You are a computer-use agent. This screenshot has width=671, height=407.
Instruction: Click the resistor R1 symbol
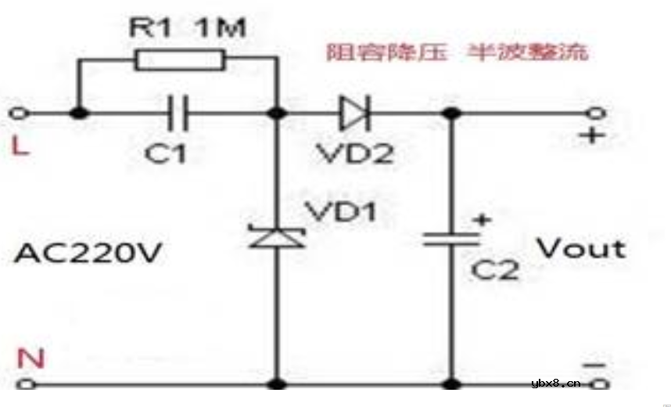[x=179, y=59]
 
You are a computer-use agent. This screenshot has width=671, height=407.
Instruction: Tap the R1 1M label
[x=187, y=29]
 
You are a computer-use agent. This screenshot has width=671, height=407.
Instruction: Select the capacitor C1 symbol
[x=179, y=113]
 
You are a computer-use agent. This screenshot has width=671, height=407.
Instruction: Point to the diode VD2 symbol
[x=353, y=113]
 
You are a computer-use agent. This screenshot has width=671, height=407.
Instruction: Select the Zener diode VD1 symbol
[x=277, y=235]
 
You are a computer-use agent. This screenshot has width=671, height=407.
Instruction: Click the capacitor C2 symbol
[x=451, y=237]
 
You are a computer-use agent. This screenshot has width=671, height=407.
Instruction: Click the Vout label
[x=580, y=249]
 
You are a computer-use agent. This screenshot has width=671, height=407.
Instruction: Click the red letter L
[x=21, y=146]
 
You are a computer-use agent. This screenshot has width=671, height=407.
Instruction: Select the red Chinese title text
[x=457, y=52]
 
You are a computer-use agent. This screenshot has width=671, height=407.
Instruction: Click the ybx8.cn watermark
[x=555, y=384]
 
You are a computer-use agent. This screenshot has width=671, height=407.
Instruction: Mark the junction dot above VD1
[x=277, y=113]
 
